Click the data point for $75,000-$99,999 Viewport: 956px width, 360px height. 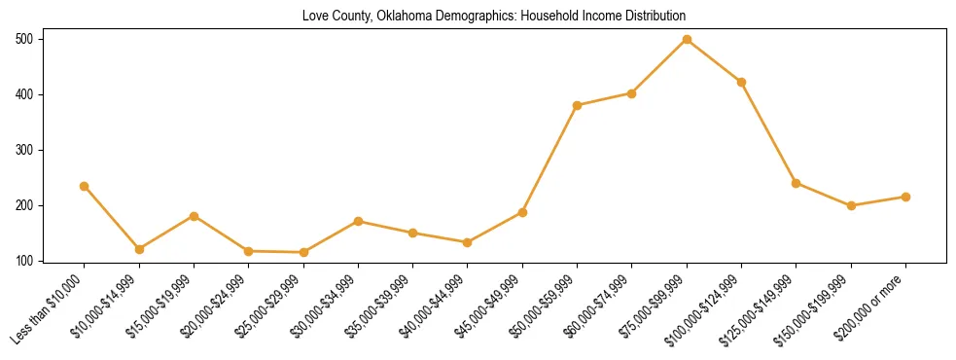(x=687, y=39)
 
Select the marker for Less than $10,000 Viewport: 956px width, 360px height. (x=85, y=186)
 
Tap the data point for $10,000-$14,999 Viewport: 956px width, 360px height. (x=139, y=249)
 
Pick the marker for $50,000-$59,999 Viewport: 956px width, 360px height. (x=578, y=105)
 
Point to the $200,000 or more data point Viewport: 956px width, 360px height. (x=905, y=197)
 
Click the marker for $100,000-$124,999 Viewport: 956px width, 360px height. (x=741, y=82)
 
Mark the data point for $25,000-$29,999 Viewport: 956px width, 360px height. (x=303, y=252)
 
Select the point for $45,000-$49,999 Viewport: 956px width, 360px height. (x=522, y=212)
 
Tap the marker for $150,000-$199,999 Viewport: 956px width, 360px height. (x=851, y=205)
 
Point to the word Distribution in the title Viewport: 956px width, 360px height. (x=653, y=16)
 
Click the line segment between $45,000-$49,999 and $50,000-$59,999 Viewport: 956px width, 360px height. (x=549, y=159)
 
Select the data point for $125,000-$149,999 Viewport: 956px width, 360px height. (x=796, y=183)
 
